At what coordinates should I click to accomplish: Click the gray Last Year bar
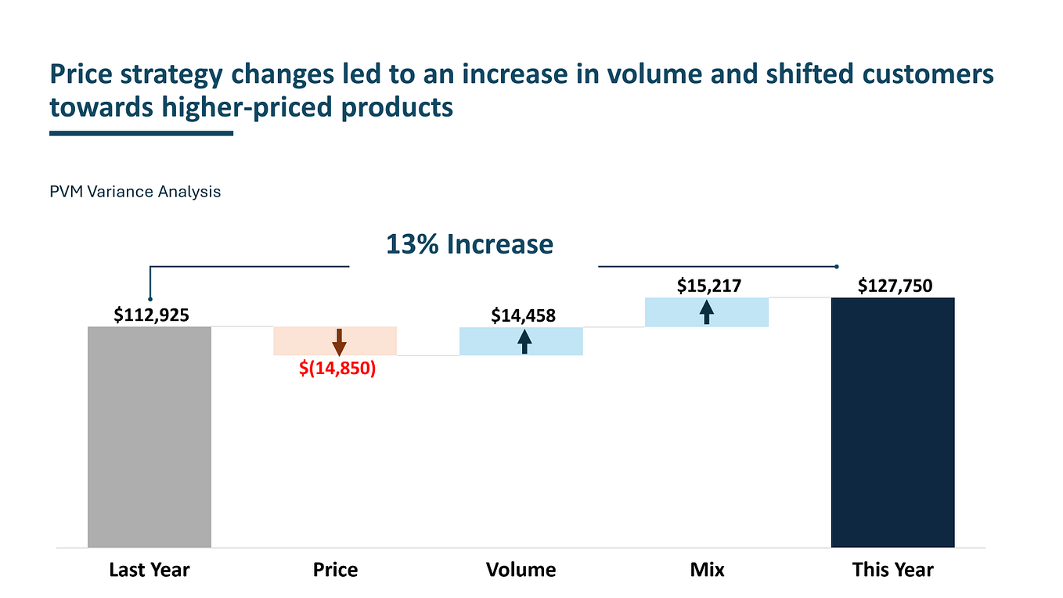[x=150, y=437]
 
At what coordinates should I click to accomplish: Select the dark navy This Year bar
[x=892, y=423]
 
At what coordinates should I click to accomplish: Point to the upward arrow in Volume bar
[x=524, y=342]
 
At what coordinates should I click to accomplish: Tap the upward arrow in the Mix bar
[x=707, y=312]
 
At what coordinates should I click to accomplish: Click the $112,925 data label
[x=151, y=315]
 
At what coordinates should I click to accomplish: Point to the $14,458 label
[x=523, y=315]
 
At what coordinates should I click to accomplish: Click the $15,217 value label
[x=708, y=286]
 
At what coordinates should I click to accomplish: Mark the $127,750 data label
[x=895, y=286]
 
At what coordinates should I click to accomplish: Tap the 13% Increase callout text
[x=469, y=244]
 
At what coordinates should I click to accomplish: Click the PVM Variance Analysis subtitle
[x=135, y=191]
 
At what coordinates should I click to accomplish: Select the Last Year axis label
[x=149, y=570]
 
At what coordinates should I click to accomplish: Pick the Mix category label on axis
[x=707, y=570]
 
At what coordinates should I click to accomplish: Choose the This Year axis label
[x=892, y=570]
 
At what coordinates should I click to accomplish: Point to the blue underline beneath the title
[x=141, y=133]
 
